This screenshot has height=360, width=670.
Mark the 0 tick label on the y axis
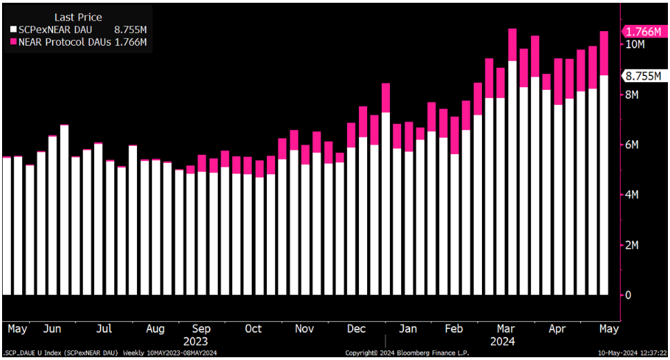point(629,296)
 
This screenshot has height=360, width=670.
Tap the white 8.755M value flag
point(643,76)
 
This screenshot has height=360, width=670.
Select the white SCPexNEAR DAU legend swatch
point(13,30)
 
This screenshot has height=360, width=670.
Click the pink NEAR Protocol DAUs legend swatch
point(13,42)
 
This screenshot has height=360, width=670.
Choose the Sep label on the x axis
point(201,329)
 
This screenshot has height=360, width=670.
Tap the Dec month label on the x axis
point(357,329)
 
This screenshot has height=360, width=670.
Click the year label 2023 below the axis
point(195,341)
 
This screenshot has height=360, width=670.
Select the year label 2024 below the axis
point(502,341)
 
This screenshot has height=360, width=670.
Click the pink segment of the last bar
point(604,53)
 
